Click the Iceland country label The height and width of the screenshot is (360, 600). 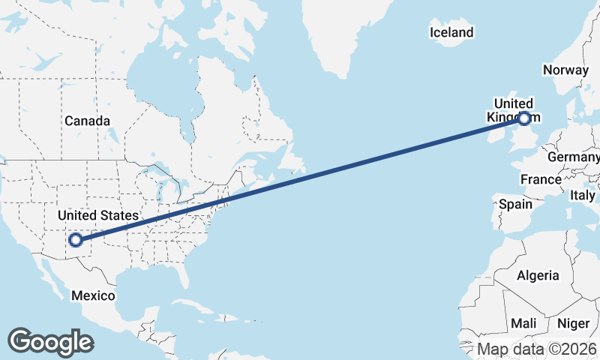coord(451,32)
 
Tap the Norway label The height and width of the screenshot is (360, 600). coord(565,70)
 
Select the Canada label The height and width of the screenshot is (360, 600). coord(87,121)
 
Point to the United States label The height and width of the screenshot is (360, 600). coord(97,216)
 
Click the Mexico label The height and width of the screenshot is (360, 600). coord(93,295)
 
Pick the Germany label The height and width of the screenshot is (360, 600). coord(574,157)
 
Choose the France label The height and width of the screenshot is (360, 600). coord(541,180)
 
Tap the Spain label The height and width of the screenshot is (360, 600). coord(515,204)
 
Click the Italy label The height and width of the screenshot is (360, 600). coord(582,195)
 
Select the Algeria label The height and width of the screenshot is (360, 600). coord(538,275)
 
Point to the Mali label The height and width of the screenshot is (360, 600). coord(523,323)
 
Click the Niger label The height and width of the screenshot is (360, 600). coord(574,323)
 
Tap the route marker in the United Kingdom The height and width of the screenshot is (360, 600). coord(524,118)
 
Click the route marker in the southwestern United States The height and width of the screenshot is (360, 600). coord(75,241)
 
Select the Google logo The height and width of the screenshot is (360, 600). coord(50,342)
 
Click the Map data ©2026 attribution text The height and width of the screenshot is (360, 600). coord(537,349)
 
